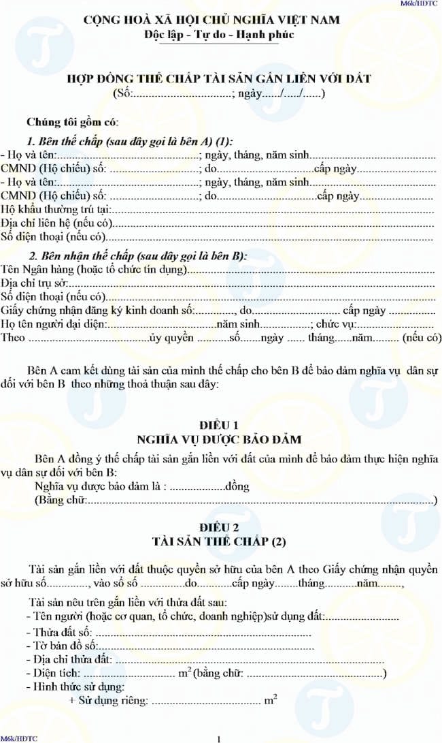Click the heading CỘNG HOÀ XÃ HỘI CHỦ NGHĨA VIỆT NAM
click(221, 21)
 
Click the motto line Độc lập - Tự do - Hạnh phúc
click(220, 35)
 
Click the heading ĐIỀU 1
click(221, 424)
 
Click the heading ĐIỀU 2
click(221, 528)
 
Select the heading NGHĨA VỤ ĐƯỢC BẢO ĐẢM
click(221, 439)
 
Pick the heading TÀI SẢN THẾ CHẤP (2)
click(221, 542)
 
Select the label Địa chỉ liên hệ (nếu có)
click(58, 223)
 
